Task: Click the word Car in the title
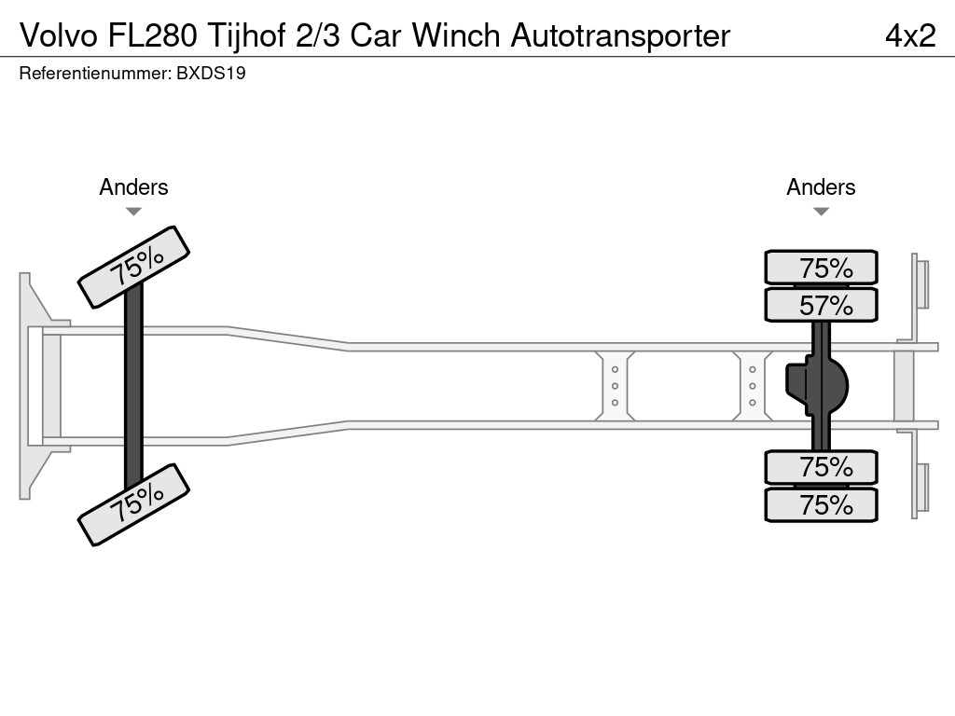379,35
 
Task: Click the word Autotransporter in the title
620,35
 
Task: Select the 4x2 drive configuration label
909,35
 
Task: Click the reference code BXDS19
211,74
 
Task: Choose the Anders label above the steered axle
133,187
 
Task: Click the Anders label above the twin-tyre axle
821,187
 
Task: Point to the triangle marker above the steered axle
133,212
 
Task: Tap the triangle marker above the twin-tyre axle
821,212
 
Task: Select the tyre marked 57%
821,305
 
